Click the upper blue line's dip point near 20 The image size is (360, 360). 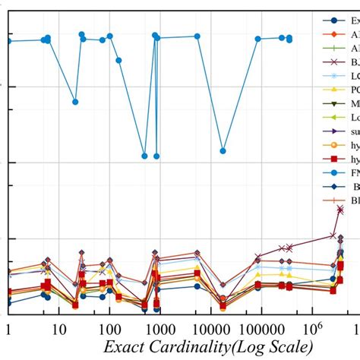pos(74,101)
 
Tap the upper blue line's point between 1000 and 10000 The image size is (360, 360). pos(197,36)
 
